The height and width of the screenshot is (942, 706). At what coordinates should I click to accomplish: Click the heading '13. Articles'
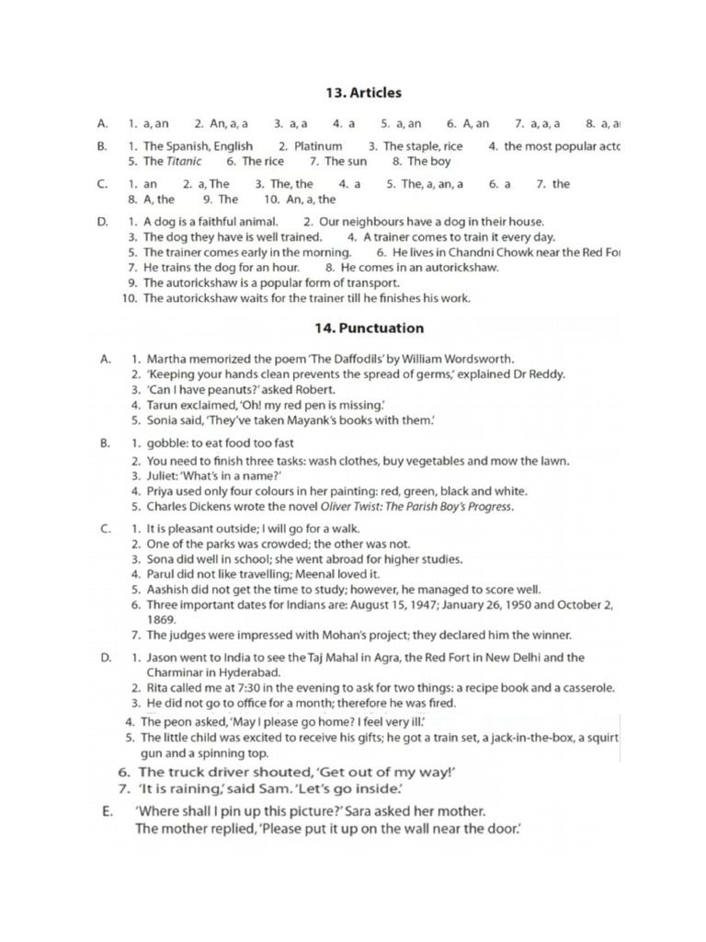coord(363,93)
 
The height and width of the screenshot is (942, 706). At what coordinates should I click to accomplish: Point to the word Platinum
coord(318,146)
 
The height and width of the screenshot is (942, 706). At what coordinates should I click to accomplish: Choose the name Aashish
coord(168,590)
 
